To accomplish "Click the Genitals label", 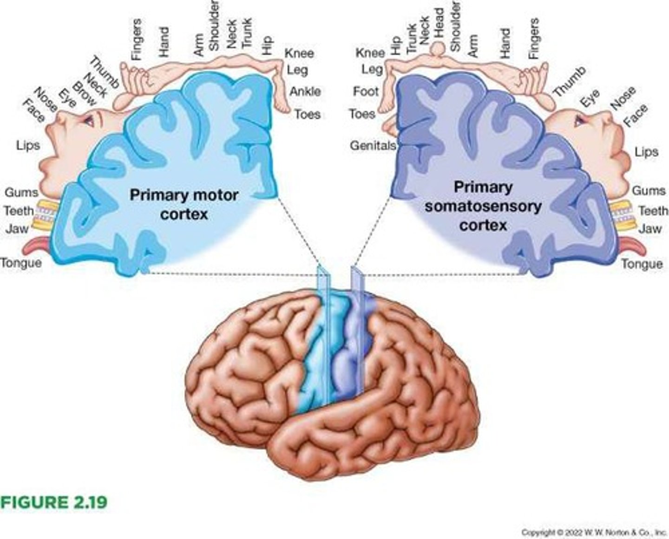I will [373, 145].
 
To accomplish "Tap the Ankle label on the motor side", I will [305, 92].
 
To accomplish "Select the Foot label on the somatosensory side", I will [366, 92].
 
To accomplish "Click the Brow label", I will [85, 94].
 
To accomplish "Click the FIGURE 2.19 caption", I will [54, 502].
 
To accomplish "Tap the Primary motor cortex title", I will [184, 204].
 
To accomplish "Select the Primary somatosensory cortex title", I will [483, 206].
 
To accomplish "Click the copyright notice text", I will [594, 532].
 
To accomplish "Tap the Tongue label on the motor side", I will [21, 263].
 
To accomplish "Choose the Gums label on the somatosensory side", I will [649, 191].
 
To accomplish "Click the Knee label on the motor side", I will [299, 53].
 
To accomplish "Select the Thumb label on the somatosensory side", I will [569, 81].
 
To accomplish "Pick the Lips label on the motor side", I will [28, 145].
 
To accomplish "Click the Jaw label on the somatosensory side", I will [649, 229].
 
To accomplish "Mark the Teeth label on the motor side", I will [19, 211].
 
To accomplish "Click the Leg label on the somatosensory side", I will [372, 70].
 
